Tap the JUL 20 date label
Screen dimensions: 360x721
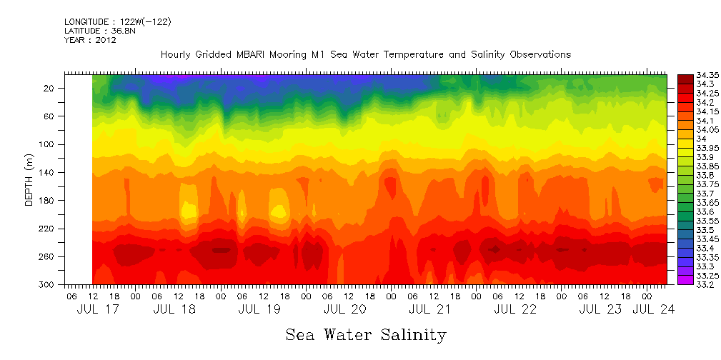coord(344,309)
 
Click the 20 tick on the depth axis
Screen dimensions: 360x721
coord(50,89)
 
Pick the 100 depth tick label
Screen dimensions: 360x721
coord(48,144)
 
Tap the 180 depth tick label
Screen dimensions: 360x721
coord(48,201)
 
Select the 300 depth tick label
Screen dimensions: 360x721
coord(48,285)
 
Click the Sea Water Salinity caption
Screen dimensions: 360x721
coord(366,334)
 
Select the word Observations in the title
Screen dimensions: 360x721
coord(536,54)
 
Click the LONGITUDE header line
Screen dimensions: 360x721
coord(117,22)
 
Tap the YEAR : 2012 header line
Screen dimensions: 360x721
coord(90,40)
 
